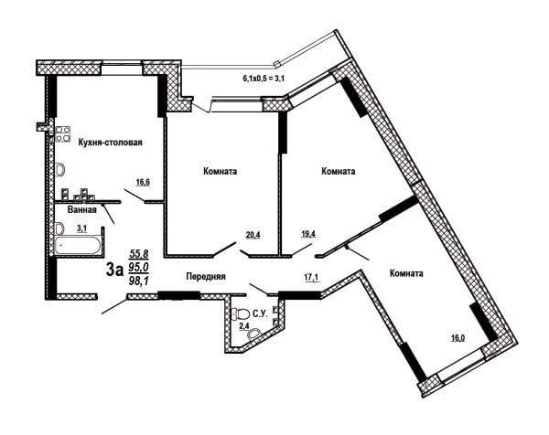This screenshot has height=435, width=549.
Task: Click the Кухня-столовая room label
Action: tap(111, 143)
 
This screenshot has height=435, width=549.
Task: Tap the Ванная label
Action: tap(82, 210)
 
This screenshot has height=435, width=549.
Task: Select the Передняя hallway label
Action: tap(206, 276)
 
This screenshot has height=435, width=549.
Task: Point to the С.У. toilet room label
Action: tap(260, 313)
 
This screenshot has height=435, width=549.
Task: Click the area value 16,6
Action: tap(144, 182)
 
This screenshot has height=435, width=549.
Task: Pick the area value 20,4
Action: tap(253, 235)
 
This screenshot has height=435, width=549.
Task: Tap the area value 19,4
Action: tap(309, 234)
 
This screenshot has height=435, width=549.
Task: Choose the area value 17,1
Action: tap(311, 277)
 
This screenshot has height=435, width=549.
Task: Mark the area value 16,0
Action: tap(458, 338)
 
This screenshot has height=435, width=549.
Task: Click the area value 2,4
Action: tap(244, 326)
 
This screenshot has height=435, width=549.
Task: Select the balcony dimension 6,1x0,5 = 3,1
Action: tap(263, 79)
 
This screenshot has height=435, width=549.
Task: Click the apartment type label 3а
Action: tap(115, 270)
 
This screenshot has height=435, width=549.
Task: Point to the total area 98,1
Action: tap(139, 280)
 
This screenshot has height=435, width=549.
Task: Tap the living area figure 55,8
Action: tap(139, 253)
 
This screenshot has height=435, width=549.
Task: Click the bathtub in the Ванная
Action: tap(77, 246)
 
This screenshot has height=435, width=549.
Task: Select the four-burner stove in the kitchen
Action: tap(63, 134)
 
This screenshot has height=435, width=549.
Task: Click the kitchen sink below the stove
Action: tap(60, 170)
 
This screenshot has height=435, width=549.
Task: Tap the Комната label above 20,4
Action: tap(220, 171)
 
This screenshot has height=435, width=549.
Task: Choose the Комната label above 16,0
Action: tap(406, 273)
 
